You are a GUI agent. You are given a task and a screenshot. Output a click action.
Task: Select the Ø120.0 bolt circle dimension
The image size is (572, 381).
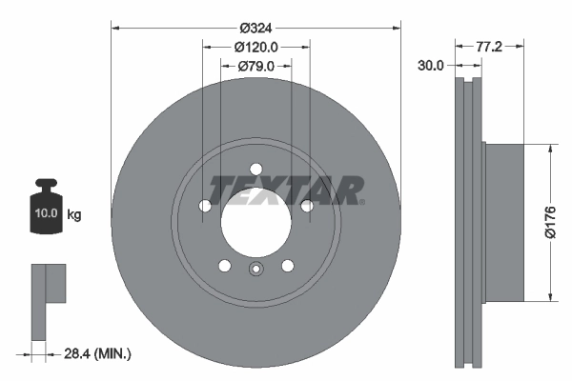[x=255, y=47]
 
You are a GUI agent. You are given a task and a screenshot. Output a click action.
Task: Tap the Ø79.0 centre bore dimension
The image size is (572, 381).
[x=255, y=66]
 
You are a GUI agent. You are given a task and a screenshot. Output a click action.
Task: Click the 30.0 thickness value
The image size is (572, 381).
[x=431, y=66]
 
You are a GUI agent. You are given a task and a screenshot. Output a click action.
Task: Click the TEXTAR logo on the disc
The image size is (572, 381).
[x=286, y=190]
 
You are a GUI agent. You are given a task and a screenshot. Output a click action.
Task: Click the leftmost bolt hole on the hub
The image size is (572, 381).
[x=205, y=207]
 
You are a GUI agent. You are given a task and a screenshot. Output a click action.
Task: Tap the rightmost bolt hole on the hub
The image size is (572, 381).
[x=307, y=207]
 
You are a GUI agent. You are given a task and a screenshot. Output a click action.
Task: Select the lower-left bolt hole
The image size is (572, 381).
[x=224, y=266]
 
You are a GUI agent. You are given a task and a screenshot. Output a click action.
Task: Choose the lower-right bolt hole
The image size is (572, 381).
[x=288, y=266]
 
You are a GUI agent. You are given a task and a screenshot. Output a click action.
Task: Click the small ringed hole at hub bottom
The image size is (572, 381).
[x=255, y=271]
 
